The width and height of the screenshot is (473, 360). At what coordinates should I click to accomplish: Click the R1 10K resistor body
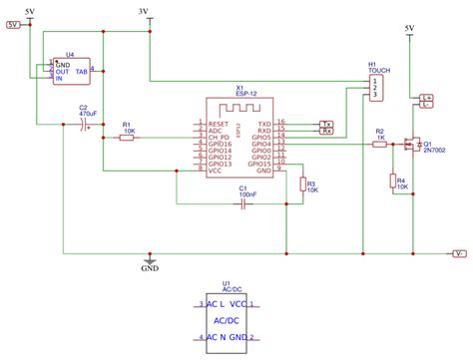(x=126, y=138)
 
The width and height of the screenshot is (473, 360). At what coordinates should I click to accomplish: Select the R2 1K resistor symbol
(x=379, y=145)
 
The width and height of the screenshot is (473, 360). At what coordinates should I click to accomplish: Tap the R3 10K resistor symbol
(x=301, y=184)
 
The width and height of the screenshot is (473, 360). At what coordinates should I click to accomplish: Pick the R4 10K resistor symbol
(x=390, y=180)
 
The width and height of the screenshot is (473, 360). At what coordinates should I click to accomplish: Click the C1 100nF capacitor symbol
(x=241, y=202)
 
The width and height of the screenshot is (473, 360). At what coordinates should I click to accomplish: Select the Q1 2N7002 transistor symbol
(x=410, y=145)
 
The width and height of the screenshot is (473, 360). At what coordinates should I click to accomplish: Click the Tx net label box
(x=326, y=123)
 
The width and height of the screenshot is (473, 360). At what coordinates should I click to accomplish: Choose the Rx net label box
(x=326, y=131)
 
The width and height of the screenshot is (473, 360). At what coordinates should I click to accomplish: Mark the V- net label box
(x=458, y=253)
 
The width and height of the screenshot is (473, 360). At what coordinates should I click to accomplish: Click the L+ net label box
(x=427, y=96)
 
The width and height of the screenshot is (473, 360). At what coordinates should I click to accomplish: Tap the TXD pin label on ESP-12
(x=263, y=123)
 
